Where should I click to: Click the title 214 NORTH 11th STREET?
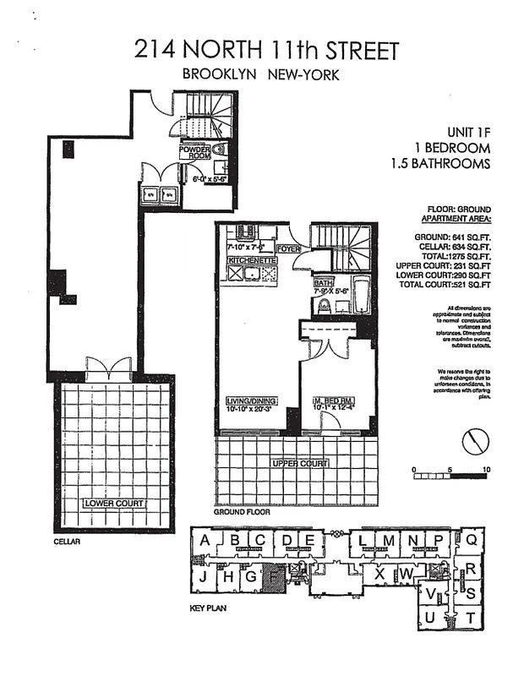pyautogui.click(x=266, y=50)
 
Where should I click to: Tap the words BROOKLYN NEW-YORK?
pyautogui.click(x=261, y=75)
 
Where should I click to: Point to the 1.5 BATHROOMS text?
pyautogui.click(x=440, y=164)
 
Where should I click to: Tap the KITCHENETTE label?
pyautogui.click(x=253, y=261)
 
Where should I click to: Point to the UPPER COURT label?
pyautogui.click(x=299, y=464)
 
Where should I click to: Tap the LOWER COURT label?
pyautogui.click(x=113, y=504)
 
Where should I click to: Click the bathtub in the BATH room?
pyautogui.click(x=358, y=296)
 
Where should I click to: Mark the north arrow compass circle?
pyautogui.click(x=475, y=441)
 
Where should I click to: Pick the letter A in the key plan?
pyautogui.click(x=205, y=541)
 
